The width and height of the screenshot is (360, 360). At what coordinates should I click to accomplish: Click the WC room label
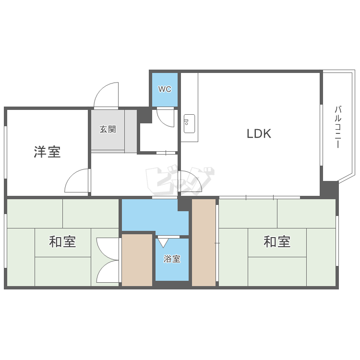(x=165, y=89)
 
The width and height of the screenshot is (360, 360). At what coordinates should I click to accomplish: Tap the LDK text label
(x=259, y=134)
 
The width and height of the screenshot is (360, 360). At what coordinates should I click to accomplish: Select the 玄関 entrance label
(x=108, y=129)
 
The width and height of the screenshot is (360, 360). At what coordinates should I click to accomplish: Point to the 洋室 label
(x=47, y=152)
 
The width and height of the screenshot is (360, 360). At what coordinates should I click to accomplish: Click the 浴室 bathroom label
(x=172, y=259)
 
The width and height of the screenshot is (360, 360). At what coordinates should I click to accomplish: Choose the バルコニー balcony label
(x=338, y=127)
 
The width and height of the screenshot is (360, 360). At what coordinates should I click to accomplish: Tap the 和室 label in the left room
(x=62, y=241)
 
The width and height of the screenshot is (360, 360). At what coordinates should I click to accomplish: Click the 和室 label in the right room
(x=277, y=241)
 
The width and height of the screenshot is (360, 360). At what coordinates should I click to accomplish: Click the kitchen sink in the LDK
(x=189, y=123)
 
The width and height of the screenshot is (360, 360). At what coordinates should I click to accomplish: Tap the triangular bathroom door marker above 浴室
(x=163, y=242)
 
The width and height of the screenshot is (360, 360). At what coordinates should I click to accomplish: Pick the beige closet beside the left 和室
(x=137, y=260)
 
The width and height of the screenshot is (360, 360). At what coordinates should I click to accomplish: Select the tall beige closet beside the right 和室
(x=204, y=242)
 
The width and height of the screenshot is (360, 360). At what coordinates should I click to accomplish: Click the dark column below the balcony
(x=329, y=189)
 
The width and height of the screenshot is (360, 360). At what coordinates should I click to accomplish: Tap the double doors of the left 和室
(x=107, y=260)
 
